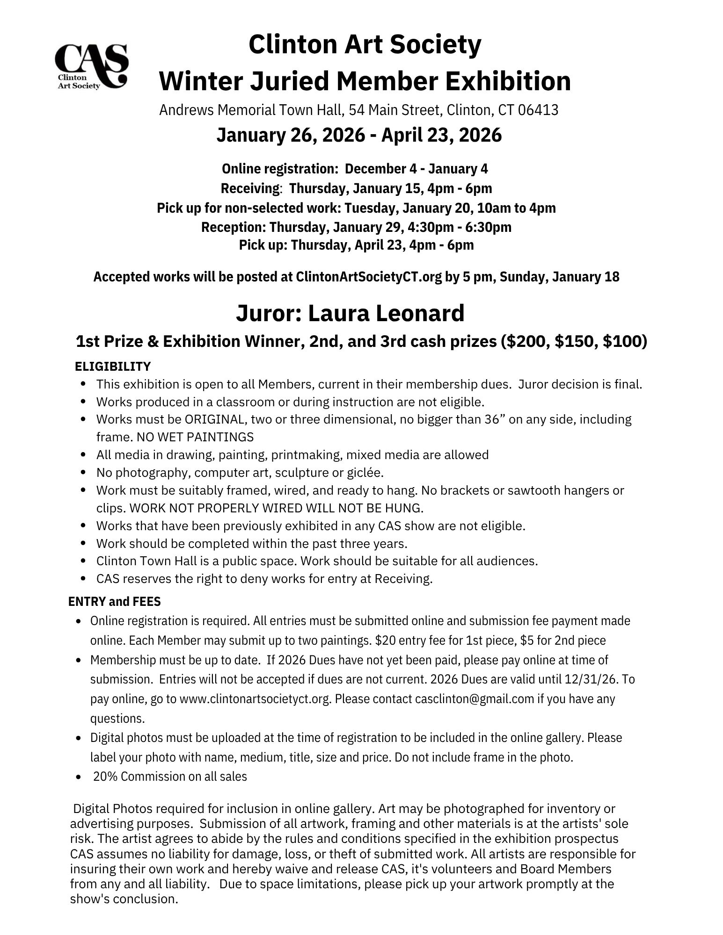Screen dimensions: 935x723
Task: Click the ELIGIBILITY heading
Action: (113, 366)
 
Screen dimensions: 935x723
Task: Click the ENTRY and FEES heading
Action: (115, 601)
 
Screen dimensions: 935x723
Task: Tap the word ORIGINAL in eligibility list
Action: (216, 419)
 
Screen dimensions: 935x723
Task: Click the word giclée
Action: (365, 473)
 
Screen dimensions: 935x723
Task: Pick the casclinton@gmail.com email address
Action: (475, 699)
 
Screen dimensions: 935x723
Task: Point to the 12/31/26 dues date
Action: (596, 679)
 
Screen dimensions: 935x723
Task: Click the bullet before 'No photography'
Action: (83, 473)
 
